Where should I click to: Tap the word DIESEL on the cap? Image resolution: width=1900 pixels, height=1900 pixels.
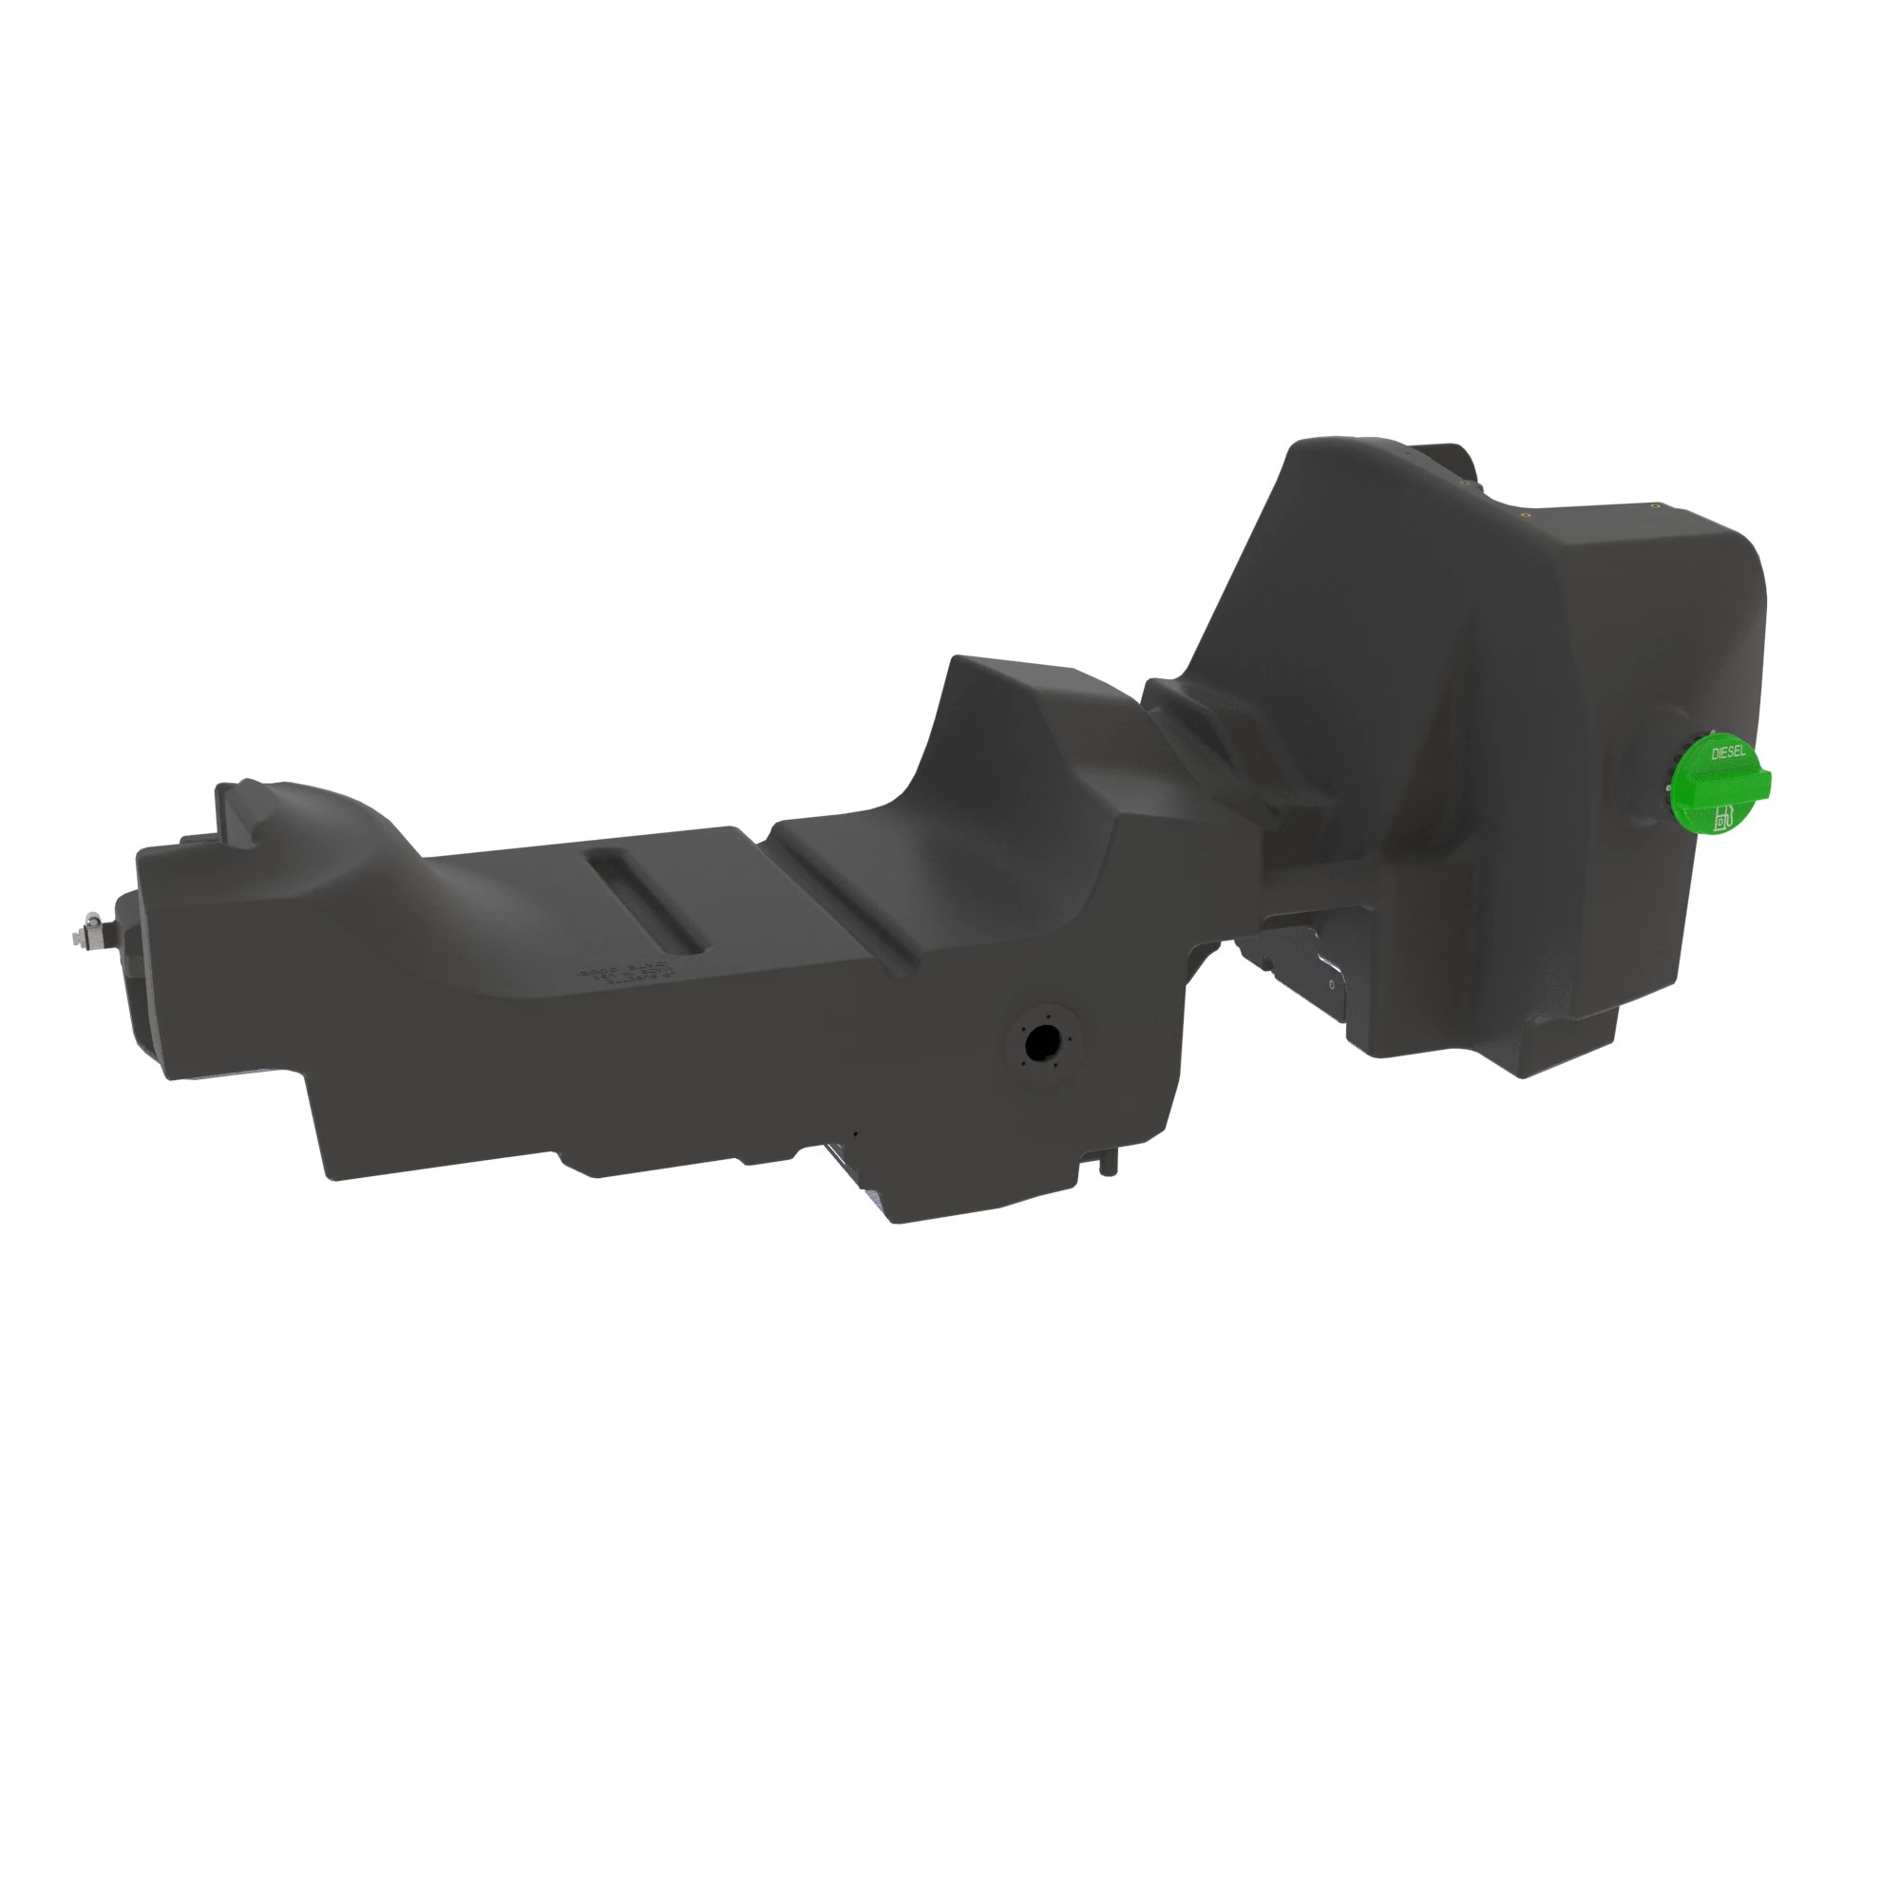point(1730,753)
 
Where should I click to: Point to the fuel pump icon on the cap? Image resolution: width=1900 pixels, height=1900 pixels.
point(1723,819)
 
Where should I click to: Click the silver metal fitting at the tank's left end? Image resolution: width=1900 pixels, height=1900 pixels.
point(91,929)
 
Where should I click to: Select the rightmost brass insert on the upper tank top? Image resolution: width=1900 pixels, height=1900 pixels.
point(1655,505)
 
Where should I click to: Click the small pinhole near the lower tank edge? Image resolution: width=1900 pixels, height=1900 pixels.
point(856,1133)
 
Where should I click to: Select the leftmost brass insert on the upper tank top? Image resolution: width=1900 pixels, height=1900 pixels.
point(1466,484)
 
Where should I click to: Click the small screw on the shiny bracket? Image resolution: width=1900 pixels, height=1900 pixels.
point(1332,982)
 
